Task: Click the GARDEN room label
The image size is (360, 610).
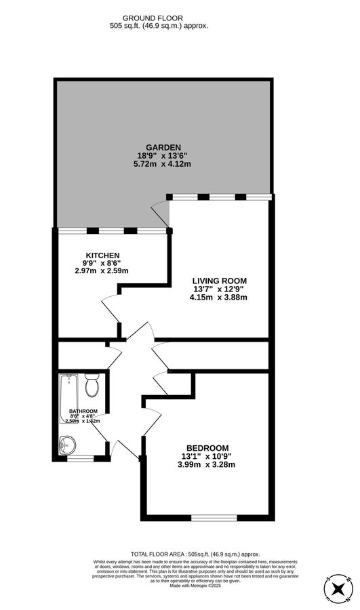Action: click(x=163, y=147)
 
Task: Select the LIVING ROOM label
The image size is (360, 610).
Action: click(x=219, y=281)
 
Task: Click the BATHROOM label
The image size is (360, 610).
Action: click(x=83, y=411)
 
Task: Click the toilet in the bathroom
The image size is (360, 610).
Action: click(x=93, y=386)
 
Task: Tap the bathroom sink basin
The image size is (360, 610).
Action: click(x=68, y=445)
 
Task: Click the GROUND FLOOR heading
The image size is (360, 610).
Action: click(x=159, y=18)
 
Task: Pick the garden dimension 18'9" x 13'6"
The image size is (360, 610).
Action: click(x=163, y=155)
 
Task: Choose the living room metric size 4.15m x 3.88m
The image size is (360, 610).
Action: click(x=219, y=297)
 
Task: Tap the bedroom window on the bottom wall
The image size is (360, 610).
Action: click(x=214, y=518)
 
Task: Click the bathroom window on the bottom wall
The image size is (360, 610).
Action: click(x=79, y=459)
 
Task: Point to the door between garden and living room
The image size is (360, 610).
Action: click(x=161, y=213)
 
